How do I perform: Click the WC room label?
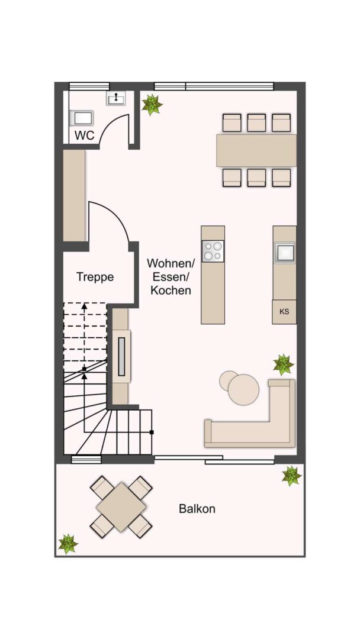85,135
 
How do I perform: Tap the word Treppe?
95,277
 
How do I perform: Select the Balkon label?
197,509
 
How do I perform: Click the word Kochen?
171,291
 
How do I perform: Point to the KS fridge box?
284,312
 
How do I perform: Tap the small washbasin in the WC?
116,98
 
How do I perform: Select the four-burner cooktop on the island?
213,251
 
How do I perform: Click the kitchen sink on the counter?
284,253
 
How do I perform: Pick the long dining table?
256,150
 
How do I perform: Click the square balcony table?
121,507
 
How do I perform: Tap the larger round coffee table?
243,389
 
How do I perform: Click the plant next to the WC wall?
152,105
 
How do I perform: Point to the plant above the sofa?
284,364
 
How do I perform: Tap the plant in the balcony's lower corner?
67,544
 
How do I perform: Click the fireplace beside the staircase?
121,357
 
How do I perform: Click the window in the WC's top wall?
89,86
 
